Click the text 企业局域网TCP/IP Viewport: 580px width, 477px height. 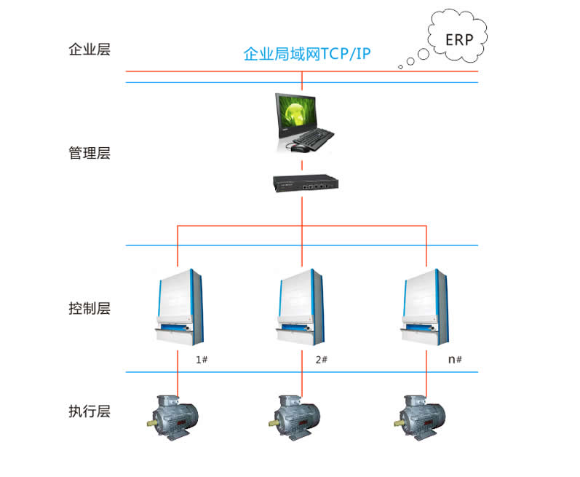(x=306, y=55)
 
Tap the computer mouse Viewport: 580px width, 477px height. (x=299, y=149)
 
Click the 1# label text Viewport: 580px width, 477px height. (x=202, y=360)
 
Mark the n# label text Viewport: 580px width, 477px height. (x=456, y=360)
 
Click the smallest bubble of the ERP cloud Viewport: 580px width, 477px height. (x=400, y=67)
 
